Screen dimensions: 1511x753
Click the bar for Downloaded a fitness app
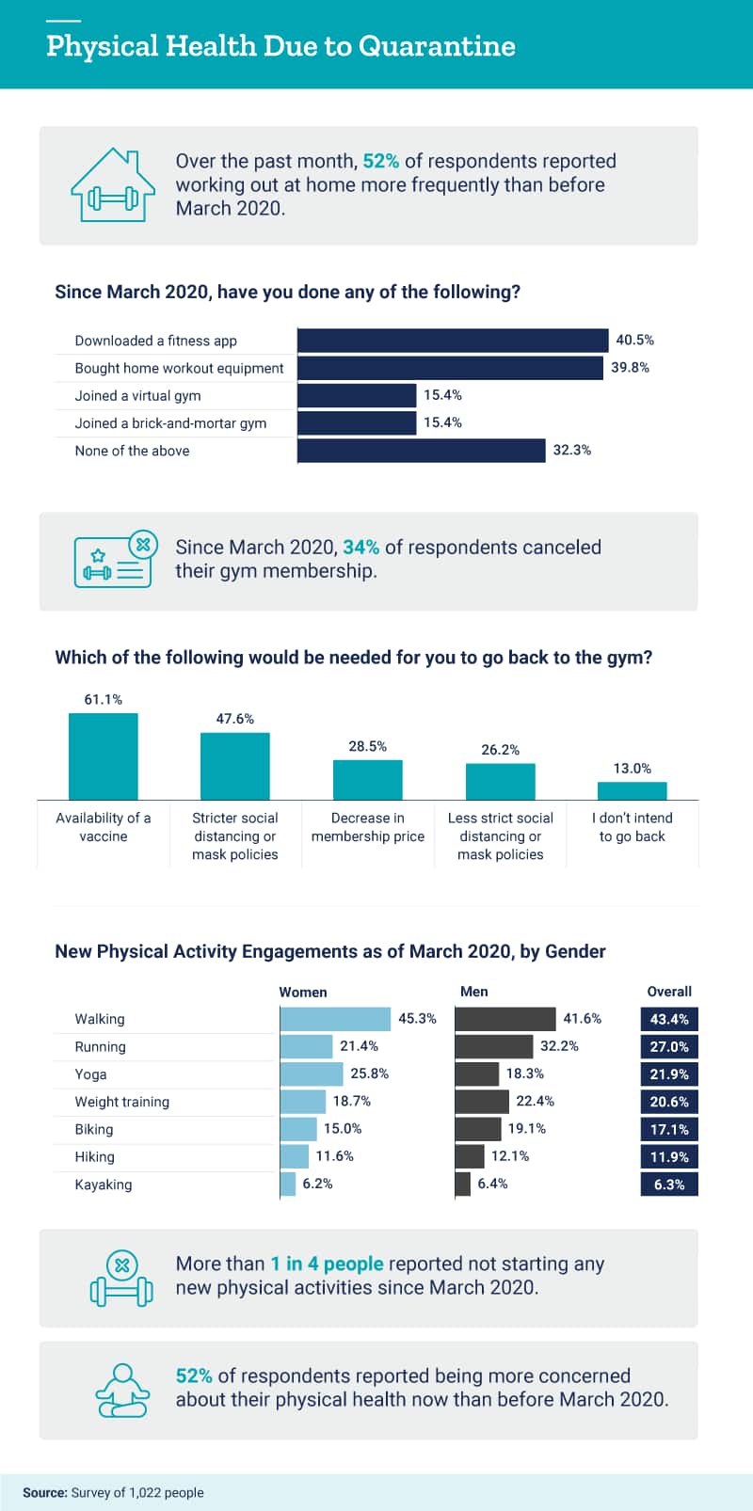(453, 341)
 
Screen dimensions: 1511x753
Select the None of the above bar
(421, 451)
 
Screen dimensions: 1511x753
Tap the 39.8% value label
(630, 368)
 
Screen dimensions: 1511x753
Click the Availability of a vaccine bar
(103, 756)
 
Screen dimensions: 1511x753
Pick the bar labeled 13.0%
(632, 790)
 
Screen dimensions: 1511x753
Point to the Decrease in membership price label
(367, 827)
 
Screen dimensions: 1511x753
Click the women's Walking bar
(335, 1019)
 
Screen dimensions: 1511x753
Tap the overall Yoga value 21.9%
(669, 1074)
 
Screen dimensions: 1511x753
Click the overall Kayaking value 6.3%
(669, 1185)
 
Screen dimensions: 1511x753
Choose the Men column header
(474, 992)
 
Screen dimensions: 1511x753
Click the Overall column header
(669, 992)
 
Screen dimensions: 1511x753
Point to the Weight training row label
(122, 1102)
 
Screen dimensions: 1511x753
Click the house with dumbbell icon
(113, 185)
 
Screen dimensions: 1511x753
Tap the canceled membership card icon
(113, 560)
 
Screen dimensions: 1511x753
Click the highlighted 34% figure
(360, 548)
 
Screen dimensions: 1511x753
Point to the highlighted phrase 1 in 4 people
(327, 1264)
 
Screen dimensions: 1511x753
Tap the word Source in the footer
(44, 1492)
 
